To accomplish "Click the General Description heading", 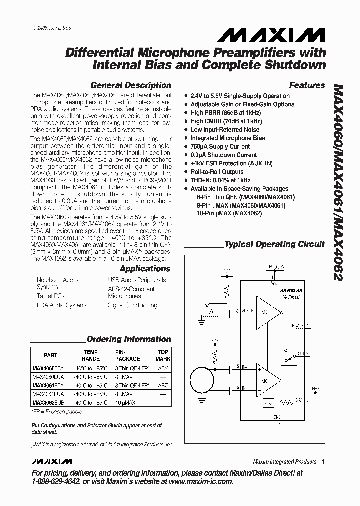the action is tap(131, 85).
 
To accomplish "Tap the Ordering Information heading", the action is tap(129, 339).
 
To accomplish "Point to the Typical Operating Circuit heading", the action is tap(274, 244).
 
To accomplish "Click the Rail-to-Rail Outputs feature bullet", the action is tap(217, 172).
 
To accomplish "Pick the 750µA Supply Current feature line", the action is tap(220, 146).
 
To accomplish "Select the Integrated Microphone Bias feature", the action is tap(227, 138).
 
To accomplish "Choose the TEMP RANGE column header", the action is tap(90, 355).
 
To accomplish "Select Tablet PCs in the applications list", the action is tap(51, 296).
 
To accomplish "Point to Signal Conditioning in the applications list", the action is tap(132, 305).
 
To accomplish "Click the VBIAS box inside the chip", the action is tap(269, 402).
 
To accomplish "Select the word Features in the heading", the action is tap(307, 85).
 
